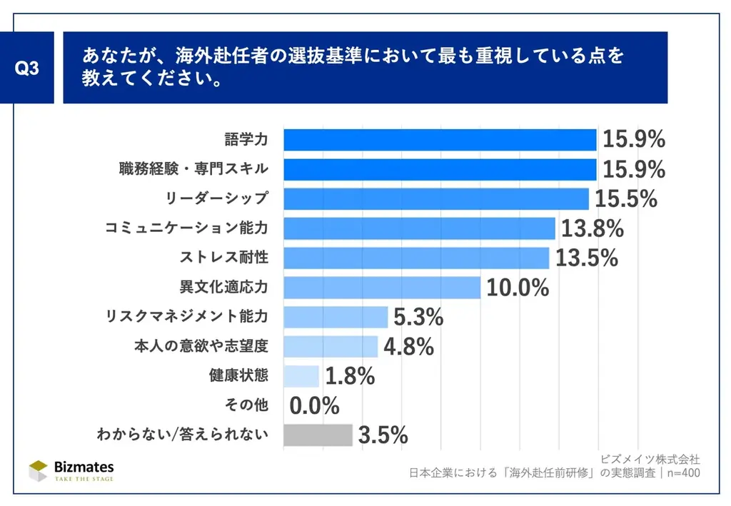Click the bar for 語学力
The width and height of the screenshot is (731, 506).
point(440,140)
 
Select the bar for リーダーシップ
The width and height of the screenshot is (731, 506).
point(435,198)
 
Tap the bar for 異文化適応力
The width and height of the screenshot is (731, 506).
point(382,288)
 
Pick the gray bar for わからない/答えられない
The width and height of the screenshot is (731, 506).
point(318,435)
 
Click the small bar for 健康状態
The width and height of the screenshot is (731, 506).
point(301,375)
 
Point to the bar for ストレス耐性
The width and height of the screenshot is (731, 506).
point(416,258)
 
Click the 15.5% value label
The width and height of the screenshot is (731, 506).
point(626,199)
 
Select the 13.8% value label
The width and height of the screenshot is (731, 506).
point(592,228)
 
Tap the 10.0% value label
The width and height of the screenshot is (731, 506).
point(518,288)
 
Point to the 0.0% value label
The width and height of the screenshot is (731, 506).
point(314,405)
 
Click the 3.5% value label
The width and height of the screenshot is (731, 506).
point(383,435)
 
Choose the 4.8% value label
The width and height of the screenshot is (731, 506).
point(408,347)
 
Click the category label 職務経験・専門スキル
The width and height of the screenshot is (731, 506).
point(193,169)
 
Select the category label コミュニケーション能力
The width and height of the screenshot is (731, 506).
point(186,228)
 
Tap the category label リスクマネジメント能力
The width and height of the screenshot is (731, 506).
point(186,316)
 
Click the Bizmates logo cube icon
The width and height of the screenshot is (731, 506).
point(39,470)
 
